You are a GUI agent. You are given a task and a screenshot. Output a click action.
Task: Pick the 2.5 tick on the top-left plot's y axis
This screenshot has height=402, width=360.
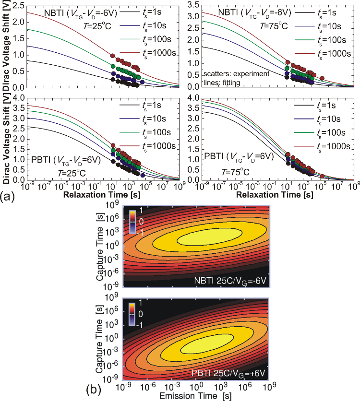[18, 5]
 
